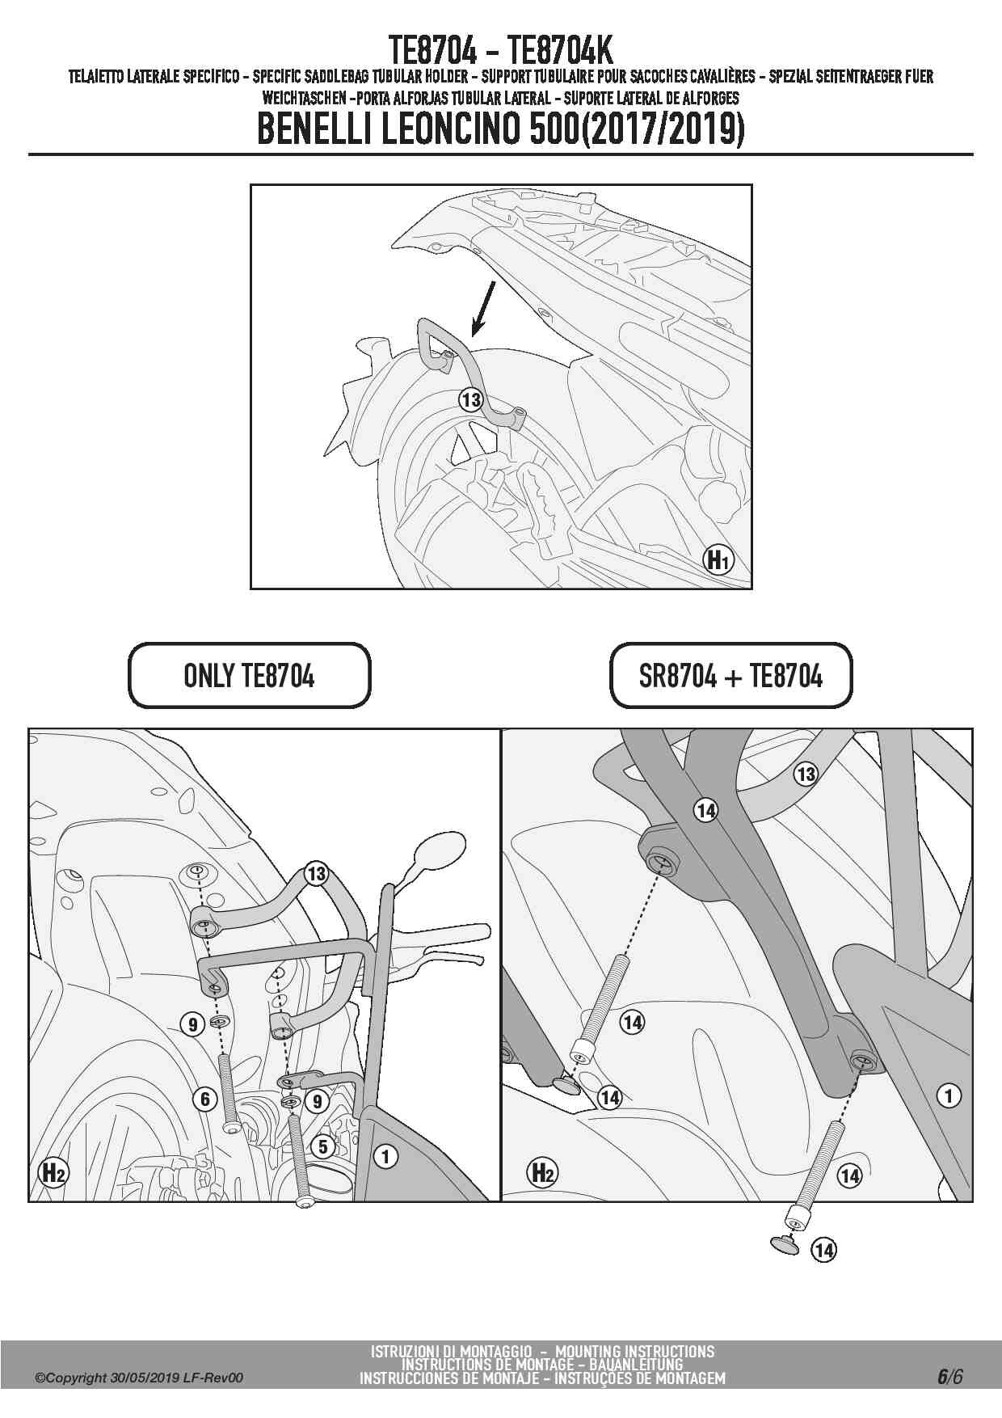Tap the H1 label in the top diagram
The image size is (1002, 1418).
718,559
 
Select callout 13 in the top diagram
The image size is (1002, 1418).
470,399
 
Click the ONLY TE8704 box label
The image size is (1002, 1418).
249,675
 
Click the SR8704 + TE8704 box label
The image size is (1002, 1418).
730,675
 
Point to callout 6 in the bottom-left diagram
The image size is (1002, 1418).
205,1099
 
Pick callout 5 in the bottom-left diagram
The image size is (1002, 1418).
323,1146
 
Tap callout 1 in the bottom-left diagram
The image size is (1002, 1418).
385,1157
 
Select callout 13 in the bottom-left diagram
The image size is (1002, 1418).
316,874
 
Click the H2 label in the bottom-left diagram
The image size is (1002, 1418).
53,1172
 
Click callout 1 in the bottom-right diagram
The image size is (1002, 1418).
948,1096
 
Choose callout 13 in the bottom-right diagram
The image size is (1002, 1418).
806,774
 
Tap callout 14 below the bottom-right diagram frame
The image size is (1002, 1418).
823,1250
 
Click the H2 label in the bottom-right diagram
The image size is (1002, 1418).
542,1172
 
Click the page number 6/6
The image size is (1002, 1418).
950,1377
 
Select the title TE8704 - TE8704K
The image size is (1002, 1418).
500,50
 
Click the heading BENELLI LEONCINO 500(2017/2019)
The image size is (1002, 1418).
500,129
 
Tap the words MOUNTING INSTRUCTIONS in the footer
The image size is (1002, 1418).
634,1352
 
